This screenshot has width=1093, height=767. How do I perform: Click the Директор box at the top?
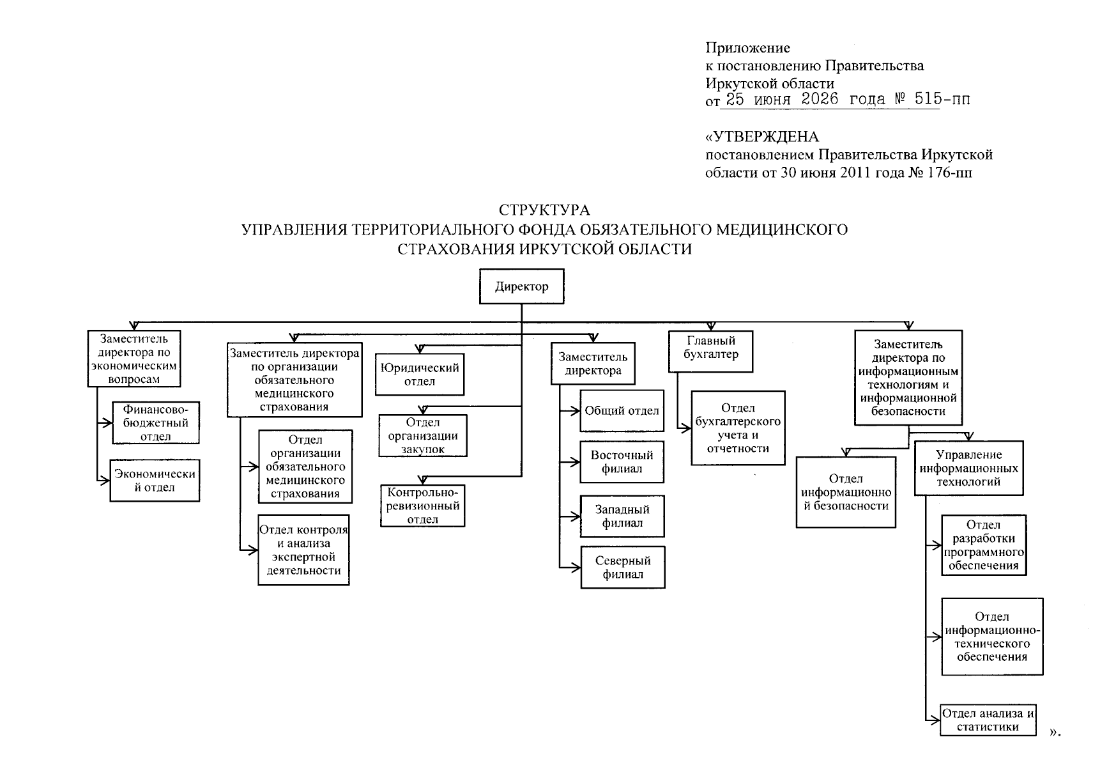(521, 286)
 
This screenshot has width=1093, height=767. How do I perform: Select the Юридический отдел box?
(420, 375)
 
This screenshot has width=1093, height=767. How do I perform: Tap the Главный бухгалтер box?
(710, 352)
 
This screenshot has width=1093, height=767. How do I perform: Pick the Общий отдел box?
(622, 410)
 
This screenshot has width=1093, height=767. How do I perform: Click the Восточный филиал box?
(622, 462)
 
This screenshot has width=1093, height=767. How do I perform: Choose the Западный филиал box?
(622, 516)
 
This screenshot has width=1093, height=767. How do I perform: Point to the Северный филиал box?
(623, 568)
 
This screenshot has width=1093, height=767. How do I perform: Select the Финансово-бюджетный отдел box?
(156, 422)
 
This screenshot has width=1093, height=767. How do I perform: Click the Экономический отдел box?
(155, 481)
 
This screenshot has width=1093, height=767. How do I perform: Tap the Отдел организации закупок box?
(423, 435)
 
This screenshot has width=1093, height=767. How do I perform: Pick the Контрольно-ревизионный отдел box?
(422, 506)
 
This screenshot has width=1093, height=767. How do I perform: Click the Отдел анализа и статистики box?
(988, 720)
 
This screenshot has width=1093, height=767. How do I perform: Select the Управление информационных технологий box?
(968, 469)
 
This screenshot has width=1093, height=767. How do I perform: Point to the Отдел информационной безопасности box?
(846, 492)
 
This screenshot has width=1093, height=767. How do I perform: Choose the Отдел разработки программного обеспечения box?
(984, 545)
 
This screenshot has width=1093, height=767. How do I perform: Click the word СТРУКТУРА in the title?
(544, 210)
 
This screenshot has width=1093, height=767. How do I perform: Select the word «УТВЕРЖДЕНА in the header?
(762, 137)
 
